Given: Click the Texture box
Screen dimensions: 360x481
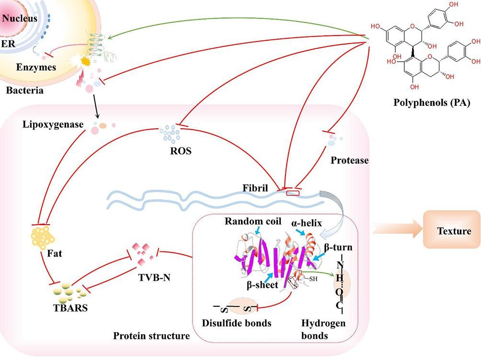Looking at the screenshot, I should [454, 231].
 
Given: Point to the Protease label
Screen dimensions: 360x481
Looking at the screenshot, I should [350, 161].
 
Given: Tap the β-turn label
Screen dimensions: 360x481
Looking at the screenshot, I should [338, 247].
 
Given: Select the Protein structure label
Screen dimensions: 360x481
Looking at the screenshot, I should [151, 336].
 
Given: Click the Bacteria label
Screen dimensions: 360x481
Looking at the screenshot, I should [22, 90].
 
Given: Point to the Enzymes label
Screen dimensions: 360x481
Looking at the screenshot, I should [35, 67].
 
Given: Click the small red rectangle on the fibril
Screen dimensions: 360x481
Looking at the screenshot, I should [292, 193].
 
